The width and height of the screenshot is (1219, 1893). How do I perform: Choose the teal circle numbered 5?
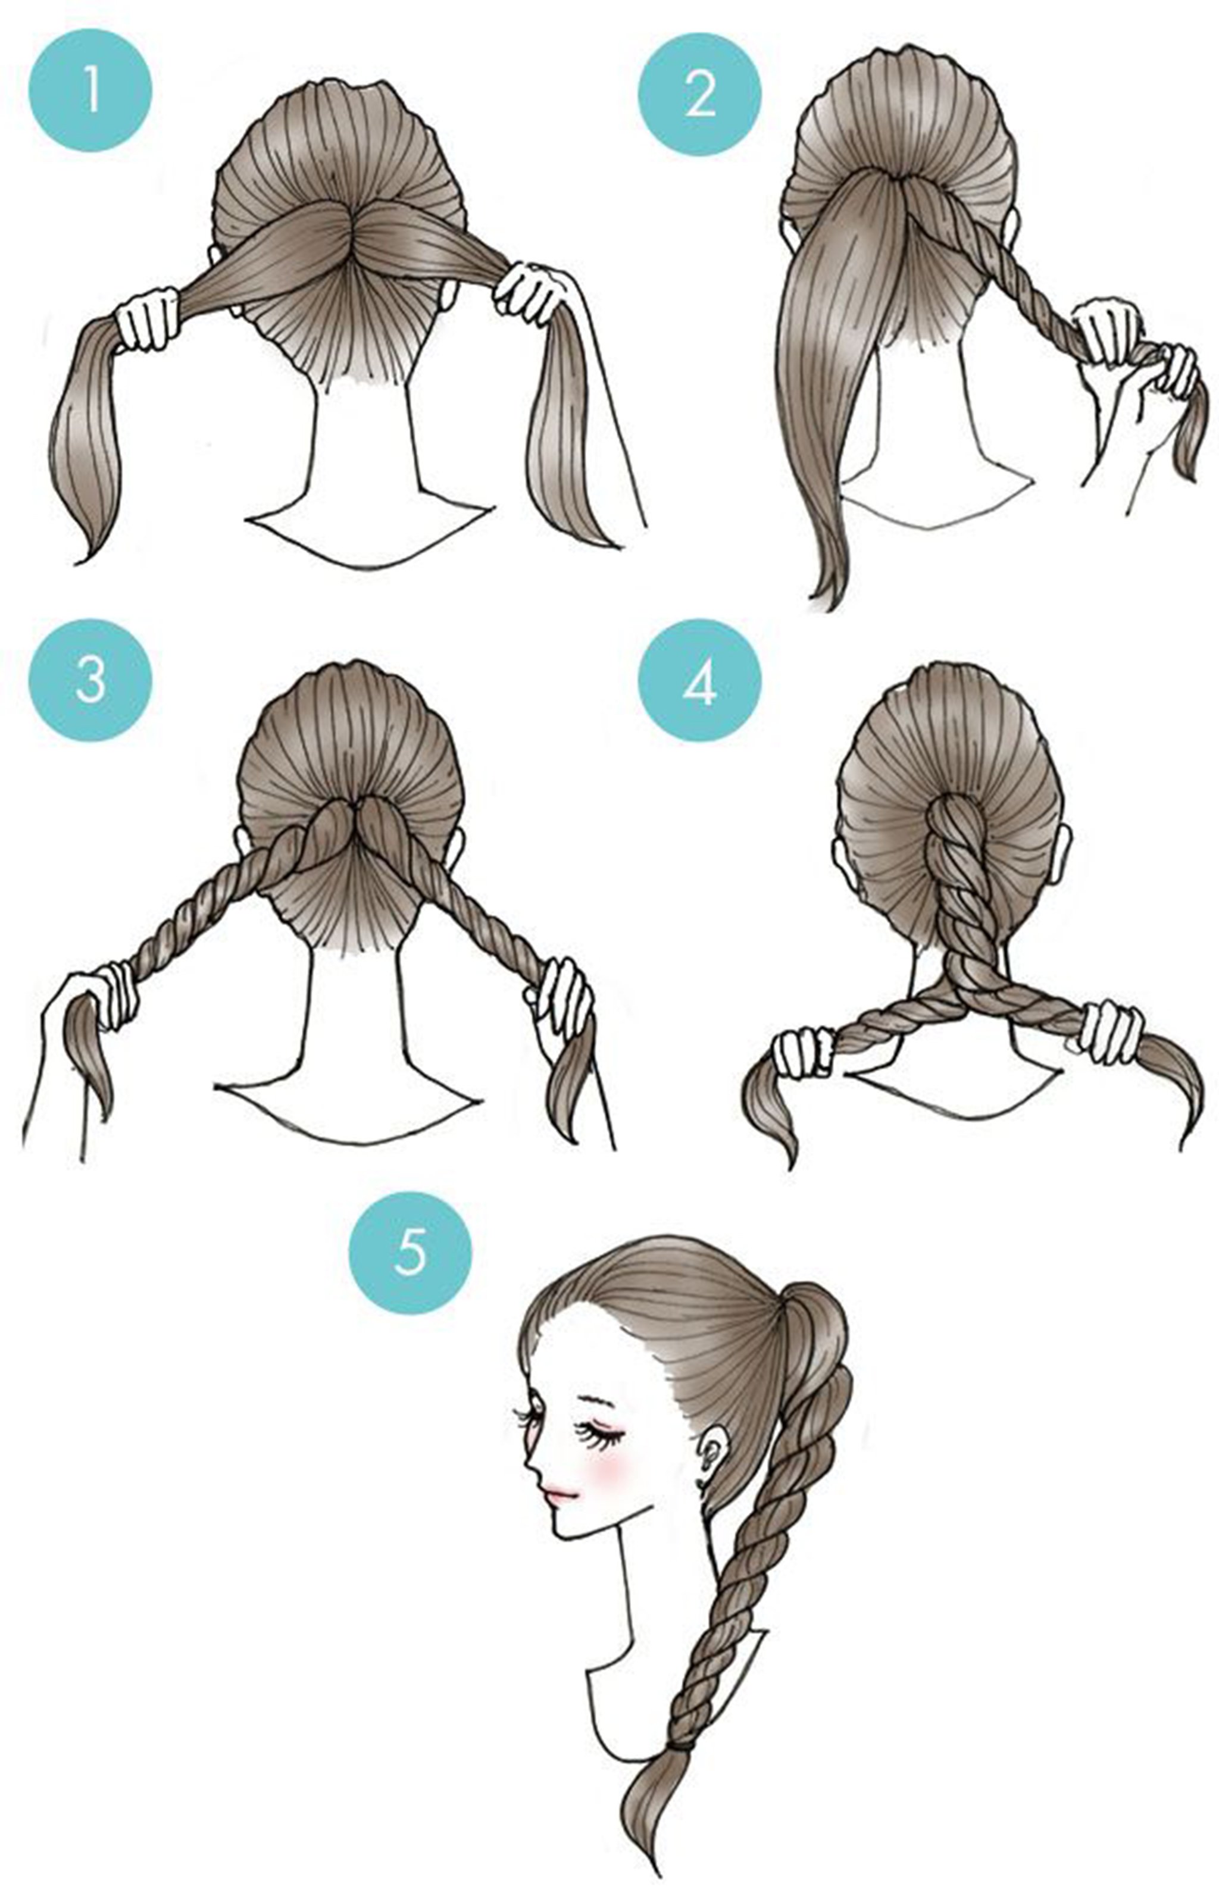(x=410, y=1253)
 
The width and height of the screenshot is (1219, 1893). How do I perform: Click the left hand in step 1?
(x=146, y=318)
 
